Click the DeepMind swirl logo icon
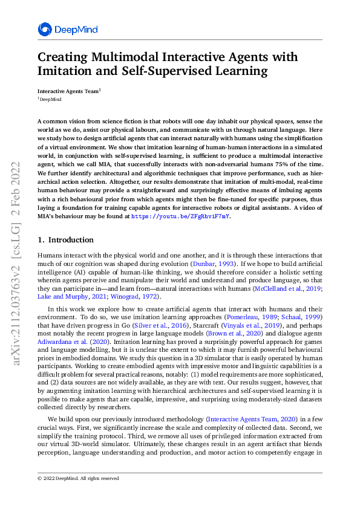click(45, 29)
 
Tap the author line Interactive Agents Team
click(68, 91)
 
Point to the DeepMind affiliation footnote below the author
click(50, 99)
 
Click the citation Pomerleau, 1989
click(247, 317)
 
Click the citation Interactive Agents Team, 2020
click(249, 419)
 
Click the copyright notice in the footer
click(78, 478)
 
